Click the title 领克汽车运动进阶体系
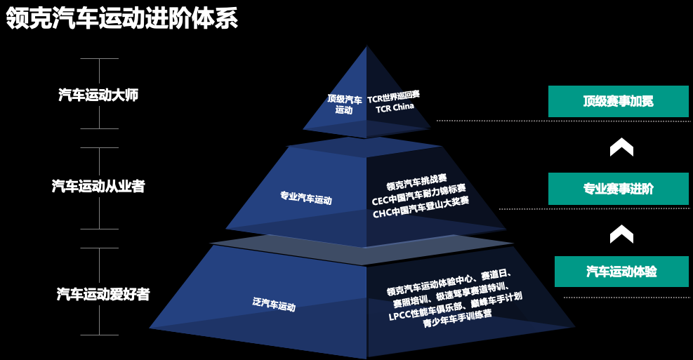[122, 18]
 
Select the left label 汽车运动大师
[98, 95]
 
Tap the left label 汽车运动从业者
[98, 186]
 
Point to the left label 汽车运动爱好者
[103, 294]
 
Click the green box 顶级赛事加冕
[619, 101]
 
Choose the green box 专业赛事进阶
[619, 189]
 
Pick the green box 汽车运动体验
[621, 271]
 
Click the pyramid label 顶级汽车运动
[344, 105]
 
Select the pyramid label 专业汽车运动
[306, 197]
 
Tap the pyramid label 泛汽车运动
[274, 304]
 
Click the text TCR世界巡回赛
[393, 97]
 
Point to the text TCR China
[395, 107]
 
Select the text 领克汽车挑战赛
[416, 182]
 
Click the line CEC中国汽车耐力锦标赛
[418, 195]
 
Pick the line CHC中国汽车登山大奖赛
[421, 207]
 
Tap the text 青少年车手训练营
[457, 319]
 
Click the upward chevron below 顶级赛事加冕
[621, 147]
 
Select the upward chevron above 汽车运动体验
[621, 234]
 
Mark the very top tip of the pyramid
[367, 46]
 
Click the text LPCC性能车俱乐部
[425, 311]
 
